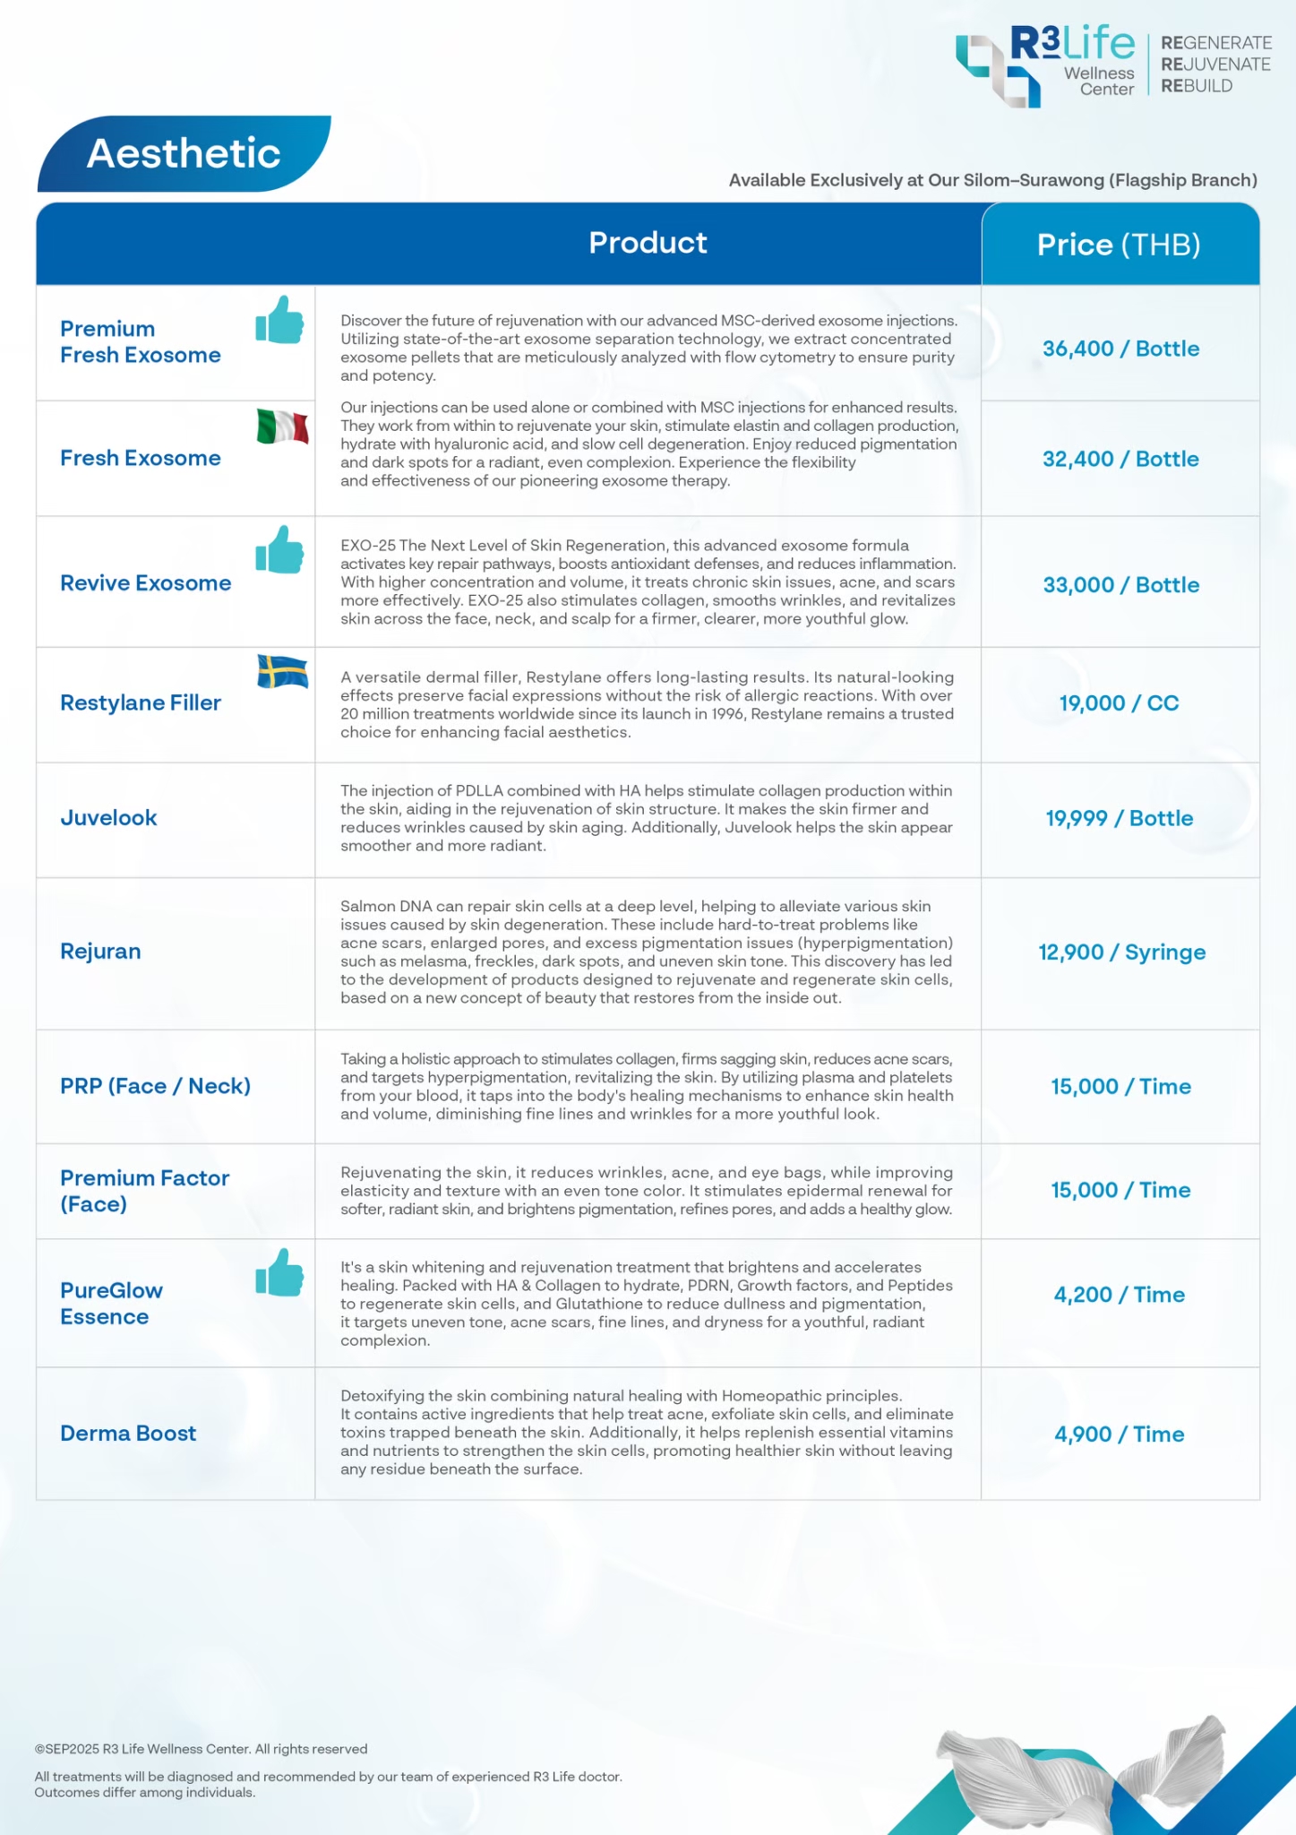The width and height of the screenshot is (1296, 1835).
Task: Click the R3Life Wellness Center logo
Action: click(1044, 65)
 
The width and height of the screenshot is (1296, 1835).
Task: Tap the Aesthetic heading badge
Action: click(184, 153)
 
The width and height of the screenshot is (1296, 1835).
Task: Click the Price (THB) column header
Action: click(1119, 245)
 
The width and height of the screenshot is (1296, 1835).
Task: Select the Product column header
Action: click(648, 243)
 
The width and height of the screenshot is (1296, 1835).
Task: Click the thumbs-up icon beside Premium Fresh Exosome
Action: click(279, 321)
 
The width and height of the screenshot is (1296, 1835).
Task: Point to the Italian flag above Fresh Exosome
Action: click(282, 426)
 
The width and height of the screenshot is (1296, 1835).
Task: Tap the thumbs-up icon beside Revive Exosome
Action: click(279, 549)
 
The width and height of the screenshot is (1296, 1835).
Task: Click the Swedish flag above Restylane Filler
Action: click(282, 671)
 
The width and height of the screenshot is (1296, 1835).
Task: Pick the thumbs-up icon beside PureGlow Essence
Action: click(279, 1272)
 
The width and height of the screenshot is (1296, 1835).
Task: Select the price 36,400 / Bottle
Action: click(1120, 349)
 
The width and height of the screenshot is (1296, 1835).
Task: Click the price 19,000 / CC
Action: click(1119, 703)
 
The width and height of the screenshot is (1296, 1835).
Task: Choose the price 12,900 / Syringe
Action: click(1121, 952)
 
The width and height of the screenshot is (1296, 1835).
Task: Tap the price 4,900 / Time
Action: click(1119, 1434)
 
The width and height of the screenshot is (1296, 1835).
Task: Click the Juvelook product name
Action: click(108, 818)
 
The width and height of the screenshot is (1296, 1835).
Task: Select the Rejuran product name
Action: click(100, 952)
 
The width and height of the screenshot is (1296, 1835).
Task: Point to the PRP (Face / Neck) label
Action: click(155, 1086)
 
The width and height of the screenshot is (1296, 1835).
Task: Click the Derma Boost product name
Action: click(128, 1434)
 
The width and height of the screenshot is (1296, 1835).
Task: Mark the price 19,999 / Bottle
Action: click(1119, 818)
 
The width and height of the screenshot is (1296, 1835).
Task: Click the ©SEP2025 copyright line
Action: click(201, 1748)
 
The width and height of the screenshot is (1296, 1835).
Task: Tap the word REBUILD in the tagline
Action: click(1197, 86)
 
